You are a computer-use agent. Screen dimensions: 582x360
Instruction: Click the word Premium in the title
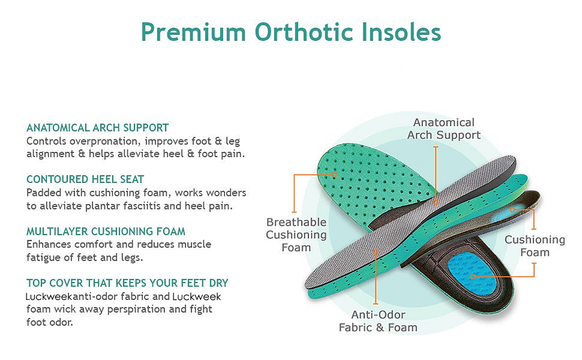pos(193,32)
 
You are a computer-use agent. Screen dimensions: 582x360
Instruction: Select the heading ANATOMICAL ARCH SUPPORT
pos(98,128)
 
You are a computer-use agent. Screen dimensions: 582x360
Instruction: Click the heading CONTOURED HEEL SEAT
pos(85,179)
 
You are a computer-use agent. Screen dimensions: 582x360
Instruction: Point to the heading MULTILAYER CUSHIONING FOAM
pos(106,231)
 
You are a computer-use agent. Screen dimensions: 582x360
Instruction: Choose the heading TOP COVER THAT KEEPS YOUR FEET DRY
pos(127,283)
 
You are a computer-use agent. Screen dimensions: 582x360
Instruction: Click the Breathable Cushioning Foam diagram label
pos(296,235)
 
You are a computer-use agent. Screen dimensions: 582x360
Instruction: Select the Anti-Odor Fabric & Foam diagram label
pos(378,321)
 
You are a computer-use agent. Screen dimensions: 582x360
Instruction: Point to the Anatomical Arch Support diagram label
pos(444,129)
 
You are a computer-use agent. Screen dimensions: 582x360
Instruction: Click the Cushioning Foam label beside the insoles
pos(535,246)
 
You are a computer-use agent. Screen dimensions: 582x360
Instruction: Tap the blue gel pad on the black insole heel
pos(471,273)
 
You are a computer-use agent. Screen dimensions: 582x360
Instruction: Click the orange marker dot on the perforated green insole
pos(334,175)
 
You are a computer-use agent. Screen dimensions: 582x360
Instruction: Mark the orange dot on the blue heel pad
pos(473,277)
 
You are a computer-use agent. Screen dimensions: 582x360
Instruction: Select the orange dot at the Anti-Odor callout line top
pos(376,251)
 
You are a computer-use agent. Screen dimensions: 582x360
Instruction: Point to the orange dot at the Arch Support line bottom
pos(436,202)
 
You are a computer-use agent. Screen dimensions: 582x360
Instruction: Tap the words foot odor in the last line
pos(50,322)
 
